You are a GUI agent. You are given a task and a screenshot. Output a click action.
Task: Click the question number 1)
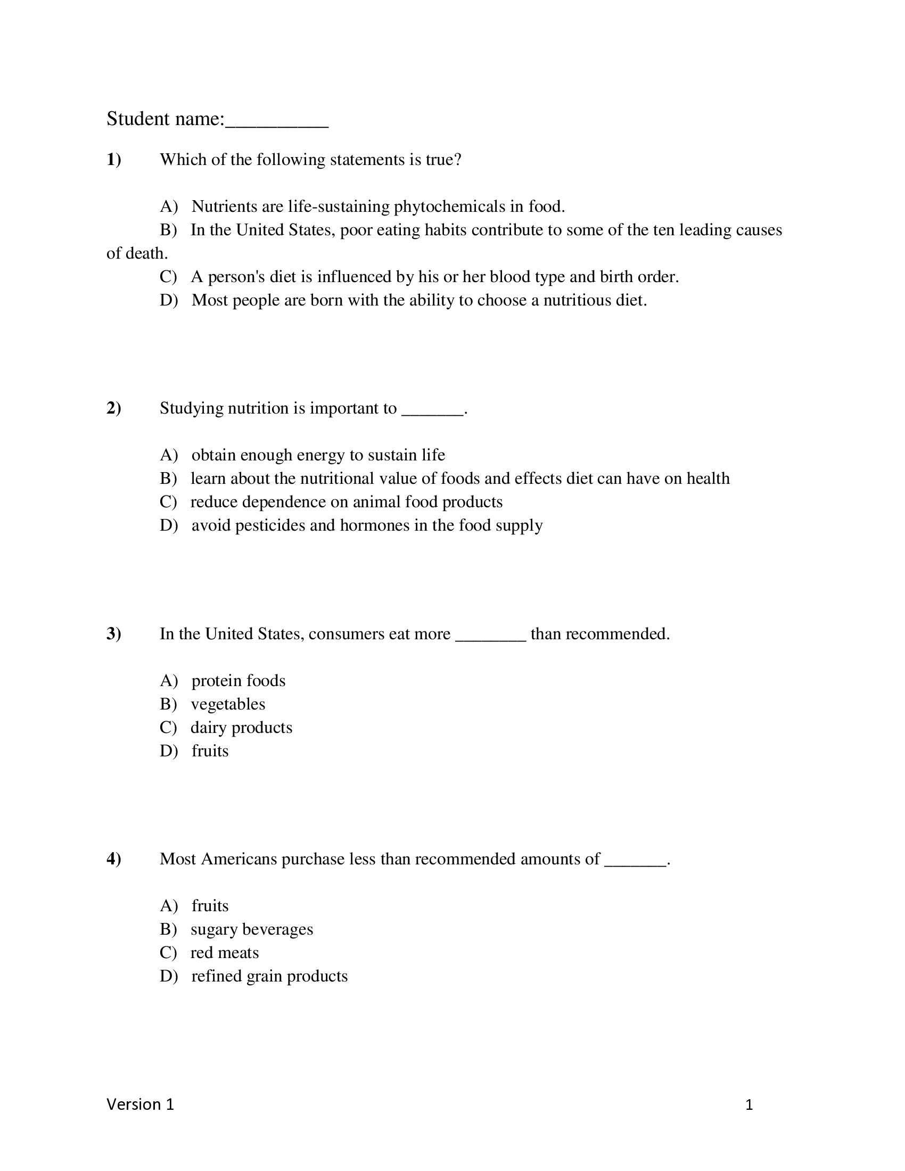(114, 159)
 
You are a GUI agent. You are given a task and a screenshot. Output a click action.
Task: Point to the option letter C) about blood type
(168, 277)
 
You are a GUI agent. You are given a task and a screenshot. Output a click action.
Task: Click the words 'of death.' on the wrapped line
(137, 253)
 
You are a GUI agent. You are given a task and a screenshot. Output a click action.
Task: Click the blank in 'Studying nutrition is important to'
(432, 410)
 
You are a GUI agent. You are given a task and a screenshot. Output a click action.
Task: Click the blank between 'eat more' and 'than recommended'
(491, 635)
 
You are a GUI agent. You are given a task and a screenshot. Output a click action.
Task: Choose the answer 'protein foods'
(238, 681)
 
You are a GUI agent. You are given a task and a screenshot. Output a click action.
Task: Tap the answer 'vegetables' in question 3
(228, 704)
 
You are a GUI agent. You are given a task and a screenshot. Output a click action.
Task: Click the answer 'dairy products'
(241, 728)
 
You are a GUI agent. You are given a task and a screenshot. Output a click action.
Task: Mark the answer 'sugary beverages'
(251, 929)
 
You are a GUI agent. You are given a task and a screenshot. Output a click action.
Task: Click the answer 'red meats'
(224, 953)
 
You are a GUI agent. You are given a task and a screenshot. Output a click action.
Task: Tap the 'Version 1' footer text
(141, 1104)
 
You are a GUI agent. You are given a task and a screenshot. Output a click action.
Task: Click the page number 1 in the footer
(749, 1105)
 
